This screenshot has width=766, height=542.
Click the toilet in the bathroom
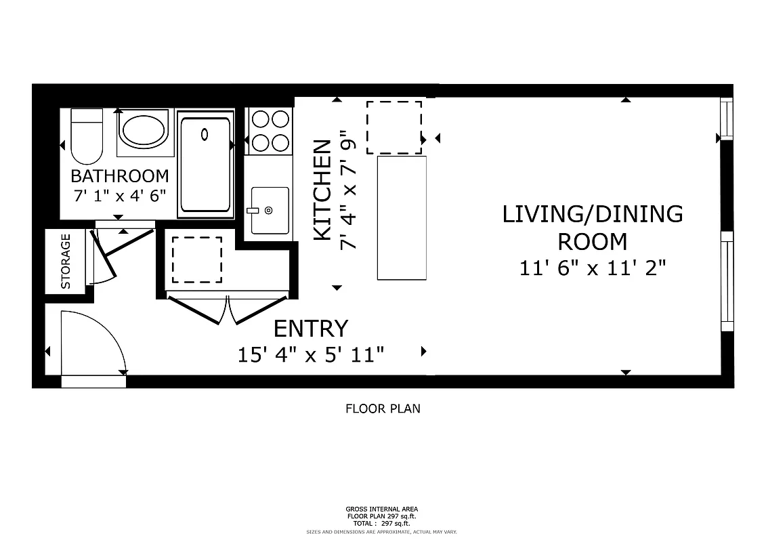86,135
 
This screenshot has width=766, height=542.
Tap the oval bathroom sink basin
142,130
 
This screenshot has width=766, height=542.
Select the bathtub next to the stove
205,163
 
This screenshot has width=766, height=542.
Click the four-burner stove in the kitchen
269,131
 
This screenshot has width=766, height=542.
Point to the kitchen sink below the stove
269,211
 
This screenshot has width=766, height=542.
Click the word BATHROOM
120,176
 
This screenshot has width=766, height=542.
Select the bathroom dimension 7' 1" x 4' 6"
120,198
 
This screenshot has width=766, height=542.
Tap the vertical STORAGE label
66,262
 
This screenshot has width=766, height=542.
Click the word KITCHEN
323,190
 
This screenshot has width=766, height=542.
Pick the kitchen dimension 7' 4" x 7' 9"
348,190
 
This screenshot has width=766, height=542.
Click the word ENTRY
310,329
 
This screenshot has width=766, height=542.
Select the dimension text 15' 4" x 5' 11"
311,354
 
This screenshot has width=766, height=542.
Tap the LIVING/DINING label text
592,214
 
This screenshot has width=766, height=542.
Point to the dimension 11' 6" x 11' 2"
593,268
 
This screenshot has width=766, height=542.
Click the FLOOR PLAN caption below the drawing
383,409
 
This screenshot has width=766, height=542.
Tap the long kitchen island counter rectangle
402,217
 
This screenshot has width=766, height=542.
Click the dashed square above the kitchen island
394,127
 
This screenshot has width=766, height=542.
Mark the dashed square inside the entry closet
196,259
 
